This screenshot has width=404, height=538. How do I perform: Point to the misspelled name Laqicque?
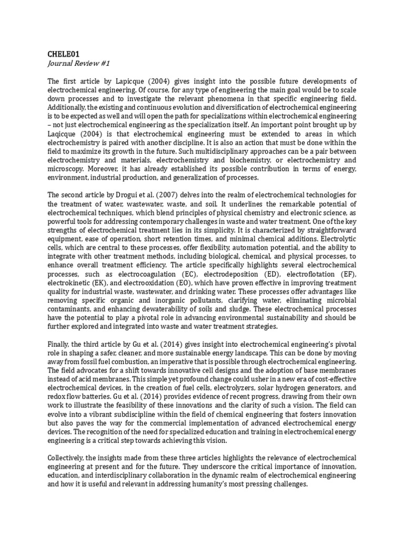coord(65,134)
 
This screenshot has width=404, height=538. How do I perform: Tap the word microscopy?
coord(67,170)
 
